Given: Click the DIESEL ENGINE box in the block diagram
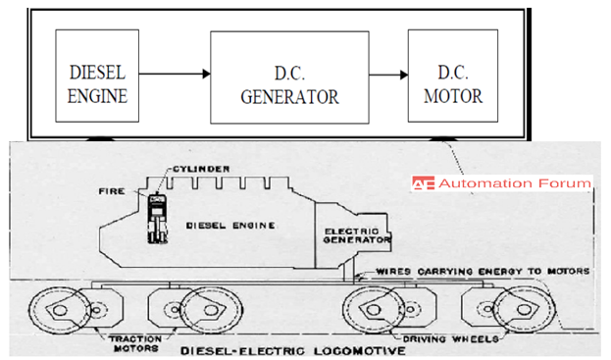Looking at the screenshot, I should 99,73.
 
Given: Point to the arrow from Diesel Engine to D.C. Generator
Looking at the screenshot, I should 176,75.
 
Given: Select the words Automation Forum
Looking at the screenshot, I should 515,183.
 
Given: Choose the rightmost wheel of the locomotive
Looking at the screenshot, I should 518,312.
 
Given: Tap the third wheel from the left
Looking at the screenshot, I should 373,312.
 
